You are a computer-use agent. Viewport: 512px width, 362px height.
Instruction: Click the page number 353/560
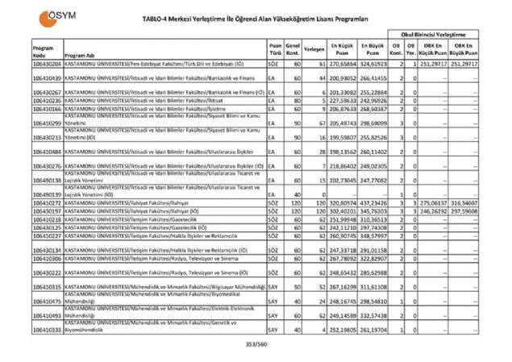[x=255, y=344]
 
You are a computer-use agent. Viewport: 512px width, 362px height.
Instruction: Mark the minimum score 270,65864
[x=342, y=62]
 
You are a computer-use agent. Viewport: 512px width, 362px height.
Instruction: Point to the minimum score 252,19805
[x=342, y=330]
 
